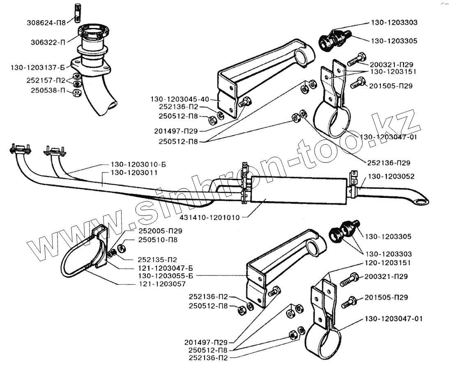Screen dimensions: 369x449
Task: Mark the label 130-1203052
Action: point(391,176)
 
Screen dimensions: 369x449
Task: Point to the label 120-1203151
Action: point(389,262)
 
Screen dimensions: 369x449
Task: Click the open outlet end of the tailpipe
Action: point(421,201)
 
